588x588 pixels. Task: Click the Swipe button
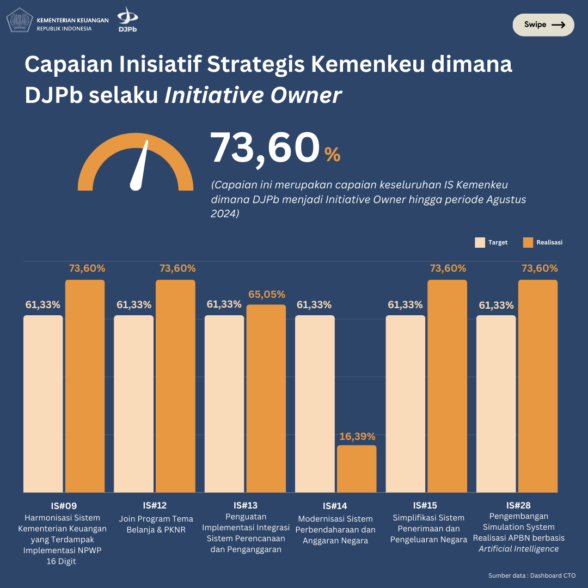coord(543,24)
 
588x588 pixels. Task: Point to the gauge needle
coord(140,167)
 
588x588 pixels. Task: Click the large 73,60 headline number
coord(265,148)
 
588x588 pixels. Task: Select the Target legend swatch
coord(480,242)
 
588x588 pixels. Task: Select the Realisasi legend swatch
coord(528,242)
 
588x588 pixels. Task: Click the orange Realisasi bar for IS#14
coord(357,469)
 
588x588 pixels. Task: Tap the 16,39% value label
coord(357,437)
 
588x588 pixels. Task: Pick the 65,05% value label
coord(267,295)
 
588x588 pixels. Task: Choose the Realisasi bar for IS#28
coord(538,386)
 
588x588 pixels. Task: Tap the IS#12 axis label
coord(155,506)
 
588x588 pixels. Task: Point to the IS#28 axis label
coord(518,506)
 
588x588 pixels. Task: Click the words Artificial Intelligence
coord(518,549)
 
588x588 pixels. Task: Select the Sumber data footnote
coord(532,575)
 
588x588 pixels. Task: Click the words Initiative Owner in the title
coord(253,95)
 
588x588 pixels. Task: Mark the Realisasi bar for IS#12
coord(175,386)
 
